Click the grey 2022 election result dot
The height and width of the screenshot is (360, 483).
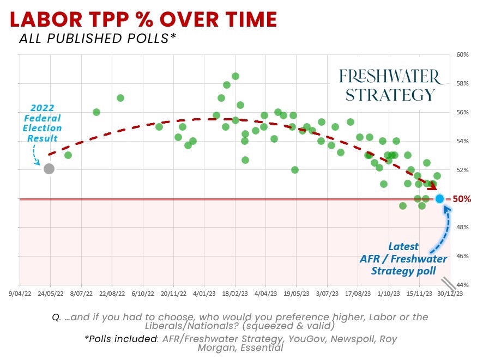click(49, 169)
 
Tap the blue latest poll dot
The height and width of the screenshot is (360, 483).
click(440, 199)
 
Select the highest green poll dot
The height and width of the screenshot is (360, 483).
click(236, 76)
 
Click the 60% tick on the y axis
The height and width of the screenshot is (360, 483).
click(463, 55)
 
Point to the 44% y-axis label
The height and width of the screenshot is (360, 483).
click(463, 285)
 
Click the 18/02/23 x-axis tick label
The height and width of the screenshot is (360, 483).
click(235, 293)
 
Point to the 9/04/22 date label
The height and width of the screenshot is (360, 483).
click(20, 293)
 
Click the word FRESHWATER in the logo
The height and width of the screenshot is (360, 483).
click(388, 75)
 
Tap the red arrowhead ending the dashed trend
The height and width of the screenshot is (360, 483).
click(433, 187)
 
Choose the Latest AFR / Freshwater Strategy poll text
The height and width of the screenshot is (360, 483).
click(403, 259)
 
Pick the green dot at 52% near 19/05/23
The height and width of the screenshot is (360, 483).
click(295, 170)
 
